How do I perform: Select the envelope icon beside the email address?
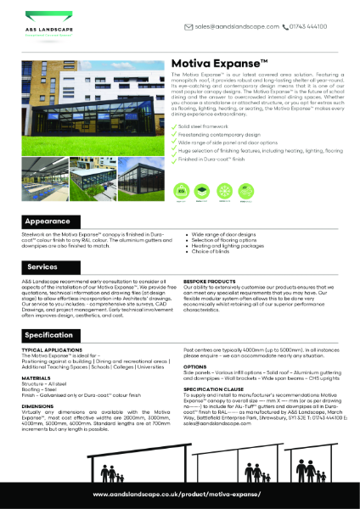(x=188, y=26)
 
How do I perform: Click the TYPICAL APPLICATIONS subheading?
(x=53, y=349)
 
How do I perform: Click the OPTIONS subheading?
(x=197, y=367)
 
